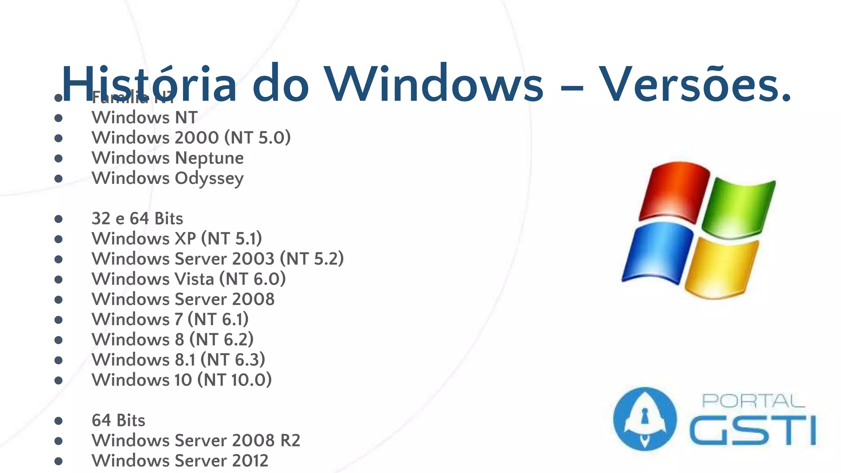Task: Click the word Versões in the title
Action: pos(694,84)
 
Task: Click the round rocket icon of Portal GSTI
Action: pos(644,419)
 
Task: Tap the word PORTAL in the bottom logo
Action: pos(753,401)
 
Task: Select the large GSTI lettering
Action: pos(753,430)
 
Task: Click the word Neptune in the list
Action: pos(209,158)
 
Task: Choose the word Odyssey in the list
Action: pos(209,179)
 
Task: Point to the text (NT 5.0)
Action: pos(257,138)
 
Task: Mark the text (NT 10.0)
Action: pos(234,380)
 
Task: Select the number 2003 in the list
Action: pos(253,259)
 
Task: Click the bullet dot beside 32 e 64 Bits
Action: pos(58,219)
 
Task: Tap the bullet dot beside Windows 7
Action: pos(58,320)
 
